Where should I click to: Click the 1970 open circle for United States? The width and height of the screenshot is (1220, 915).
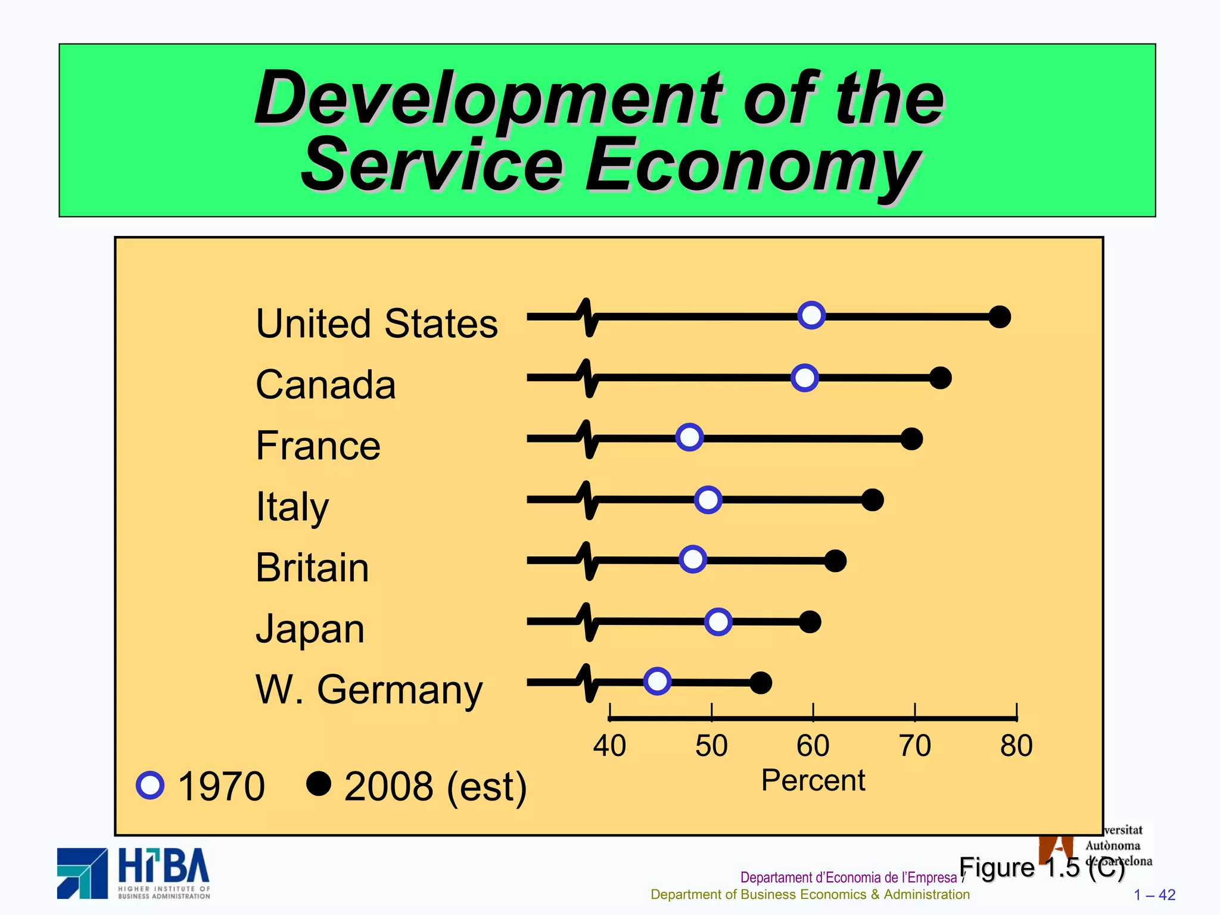coord(811,315)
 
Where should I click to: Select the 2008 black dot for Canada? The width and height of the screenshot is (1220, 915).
coord(940,378)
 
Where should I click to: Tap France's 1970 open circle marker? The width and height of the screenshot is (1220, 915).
coord(689,438)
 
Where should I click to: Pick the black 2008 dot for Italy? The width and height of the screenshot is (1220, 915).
coord(872,500)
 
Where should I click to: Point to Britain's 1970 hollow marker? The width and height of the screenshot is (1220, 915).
coord(693,559)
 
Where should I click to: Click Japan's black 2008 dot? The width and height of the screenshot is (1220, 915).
coord(810,622)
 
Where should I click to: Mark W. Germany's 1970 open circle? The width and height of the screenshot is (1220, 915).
coord(657,681)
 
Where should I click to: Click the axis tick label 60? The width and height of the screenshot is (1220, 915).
coord(813,746)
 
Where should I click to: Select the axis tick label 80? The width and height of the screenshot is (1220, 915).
coord(1016,746)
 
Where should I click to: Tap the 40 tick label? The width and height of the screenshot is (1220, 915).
coord(609,746)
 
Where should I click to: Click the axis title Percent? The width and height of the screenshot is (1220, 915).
coord(813,780)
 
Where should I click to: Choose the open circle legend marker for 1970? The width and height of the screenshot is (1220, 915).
coord(150,785)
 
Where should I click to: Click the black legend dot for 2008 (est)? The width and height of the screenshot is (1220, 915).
coord(319,784)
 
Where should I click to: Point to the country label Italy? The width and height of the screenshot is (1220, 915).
coord(292,507)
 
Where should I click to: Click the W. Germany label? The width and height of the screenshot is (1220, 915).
coord(369,690)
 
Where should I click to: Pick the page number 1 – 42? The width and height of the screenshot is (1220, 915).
coord(1154,895)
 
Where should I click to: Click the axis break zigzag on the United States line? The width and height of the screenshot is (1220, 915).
coord(588,317)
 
